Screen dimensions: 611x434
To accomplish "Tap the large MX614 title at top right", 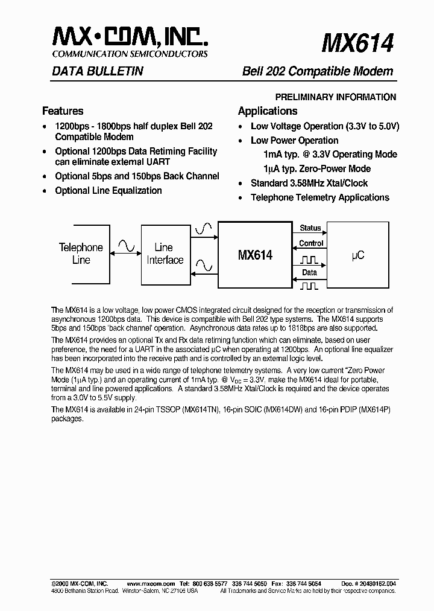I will coord(357,43).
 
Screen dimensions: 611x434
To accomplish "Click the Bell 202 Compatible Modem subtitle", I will coord(317,71).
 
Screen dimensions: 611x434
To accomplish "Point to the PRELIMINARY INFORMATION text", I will coord(336,97).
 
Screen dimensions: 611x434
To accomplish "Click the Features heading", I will coord(63,111).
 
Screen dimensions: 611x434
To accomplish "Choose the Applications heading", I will coord(268,111).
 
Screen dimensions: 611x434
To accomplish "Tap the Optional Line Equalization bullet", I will coord(108,191).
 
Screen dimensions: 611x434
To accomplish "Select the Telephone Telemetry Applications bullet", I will coord(320,197).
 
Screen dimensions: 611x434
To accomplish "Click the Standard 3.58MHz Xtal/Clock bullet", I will coord(309,183).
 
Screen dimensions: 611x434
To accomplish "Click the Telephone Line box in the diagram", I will coord(81,254).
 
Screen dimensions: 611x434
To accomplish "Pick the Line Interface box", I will coord(164,254).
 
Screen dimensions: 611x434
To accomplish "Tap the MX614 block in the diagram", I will coord(254,255).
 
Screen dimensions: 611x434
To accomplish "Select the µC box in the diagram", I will coord(358,255).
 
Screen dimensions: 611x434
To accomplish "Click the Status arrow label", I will coord(310,228).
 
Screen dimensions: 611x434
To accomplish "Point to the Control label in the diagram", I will coord(311,243).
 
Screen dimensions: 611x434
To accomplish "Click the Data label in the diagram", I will coord(310,273).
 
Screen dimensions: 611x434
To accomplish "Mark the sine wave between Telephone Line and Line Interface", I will coord(127,245).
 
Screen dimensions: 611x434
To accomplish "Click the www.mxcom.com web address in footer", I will coord(151,584).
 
